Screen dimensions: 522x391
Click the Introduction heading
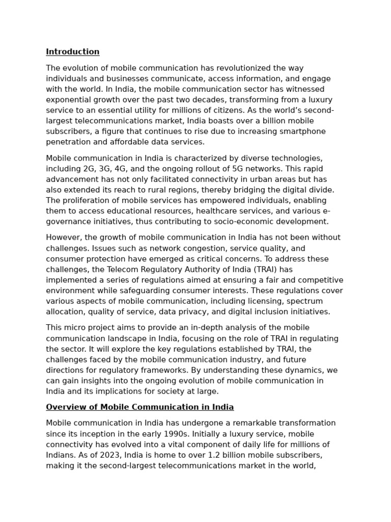73,52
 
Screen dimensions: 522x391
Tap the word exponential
68,100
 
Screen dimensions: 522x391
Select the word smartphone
304,132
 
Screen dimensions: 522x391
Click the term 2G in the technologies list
89,169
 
